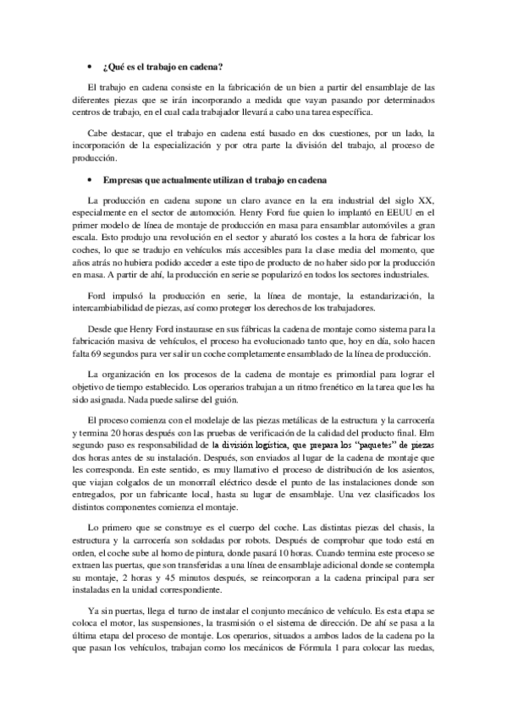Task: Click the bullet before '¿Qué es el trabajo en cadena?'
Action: point(91,66)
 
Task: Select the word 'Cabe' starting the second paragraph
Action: point(99,133)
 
